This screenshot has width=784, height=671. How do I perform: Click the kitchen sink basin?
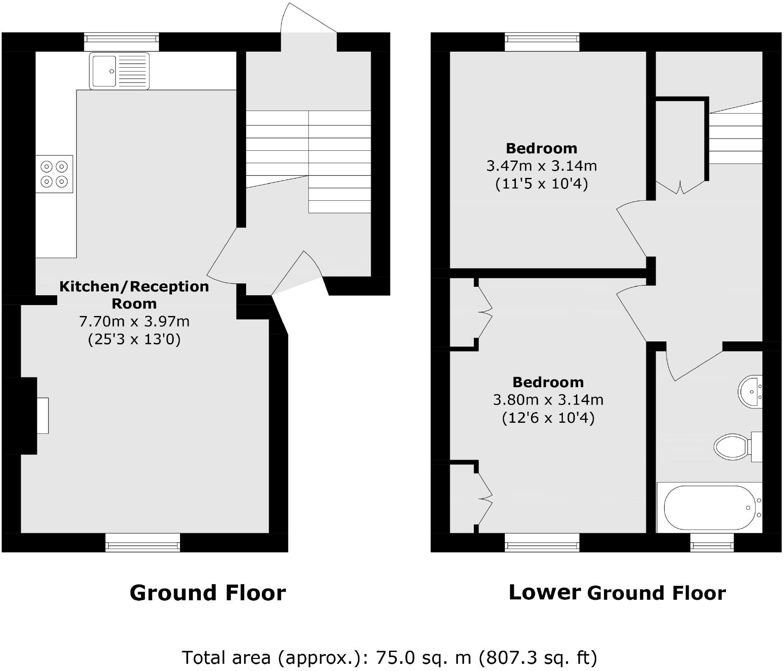(104, 71)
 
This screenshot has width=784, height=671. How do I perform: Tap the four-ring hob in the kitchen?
(54, 174)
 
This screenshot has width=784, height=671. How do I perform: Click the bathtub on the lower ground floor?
(710, 507)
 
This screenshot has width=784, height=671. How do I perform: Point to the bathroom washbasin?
(751, 391)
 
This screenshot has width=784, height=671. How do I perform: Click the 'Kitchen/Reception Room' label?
(134, 295)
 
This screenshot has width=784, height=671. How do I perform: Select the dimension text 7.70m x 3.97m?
(134, 322)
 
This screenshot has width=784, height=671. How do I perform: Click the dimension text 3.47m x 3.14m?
(541, 166)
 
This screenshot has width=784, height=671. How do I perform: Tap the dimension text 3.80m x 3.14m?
(548, 400)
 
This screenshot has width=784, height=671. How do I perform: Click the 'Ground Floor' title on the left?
(208, 593)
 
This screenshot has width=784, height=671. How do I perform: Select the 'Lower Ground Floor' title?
(617, 593)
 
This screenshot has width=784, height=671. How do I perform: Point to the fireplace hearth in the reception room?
(42, 416)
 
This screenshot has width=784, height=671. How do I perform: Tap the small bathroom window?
(712, 542)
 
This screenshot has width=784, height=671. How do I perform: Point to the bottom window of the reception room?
(142, 542)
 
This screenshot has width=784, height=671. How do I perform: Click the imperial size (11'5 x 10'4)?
(541, 184)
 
